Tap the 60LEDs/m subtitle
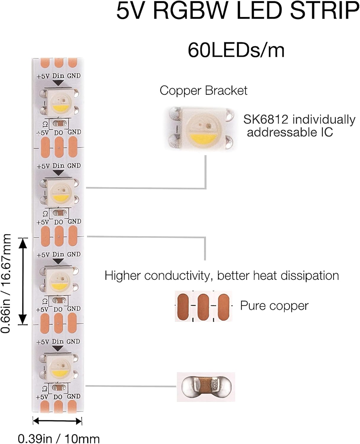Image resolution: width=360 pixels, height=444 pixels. [x=236, y=50]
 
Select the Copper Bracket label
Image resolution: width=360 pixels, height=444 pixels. [x=204, y=91]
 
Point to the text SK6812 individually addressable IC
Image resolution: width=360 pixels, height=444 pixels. [x=299, y=126]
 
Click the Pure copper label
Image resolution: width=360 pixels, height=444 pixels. [x=274, y=306]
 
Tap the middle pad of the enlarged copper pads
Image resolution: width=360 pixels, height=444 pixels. [x=203, y=306]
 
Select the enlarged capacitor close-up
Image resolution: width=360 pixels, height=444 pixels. [x=206, y=387]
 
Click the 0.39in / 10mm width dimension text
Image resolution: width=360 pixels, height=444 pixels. [x=59, y=438]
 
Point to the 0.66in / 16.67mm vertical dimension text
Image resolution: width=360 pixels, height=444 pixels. [x=6, y=283]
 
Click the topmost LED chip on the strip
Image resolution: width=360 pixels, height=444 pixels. [x=59, y=102]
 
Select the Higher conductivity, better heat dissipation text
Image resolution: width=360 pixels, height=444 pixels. [x=222, y=276]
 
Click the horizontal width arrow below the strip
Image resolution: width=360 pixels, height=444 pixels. [x=57, y=421]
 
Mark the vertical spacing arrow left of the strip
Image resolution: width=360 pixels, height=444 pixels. [x=23, y=281]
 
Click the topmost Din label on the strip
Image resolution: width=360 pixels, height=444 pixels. [x=58, y=76]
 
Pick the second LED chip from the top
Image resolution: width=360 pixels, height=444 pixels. [x=59, y=192]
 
